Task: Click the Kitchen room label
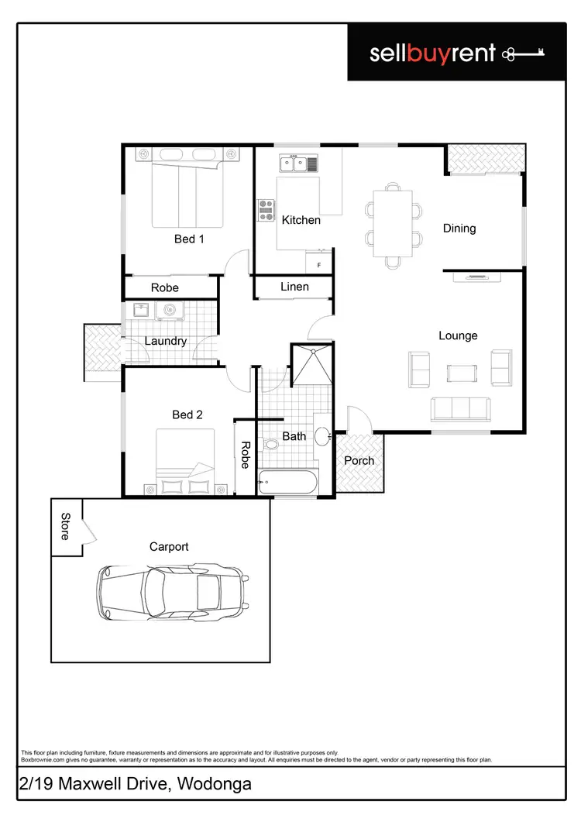301,220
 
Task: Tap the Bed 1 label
189,239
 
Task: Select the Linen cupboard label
294,287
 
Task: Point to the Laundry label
166,340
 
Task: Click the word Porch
359,460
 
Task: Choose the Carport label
169,546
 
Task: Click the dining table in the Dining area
394,223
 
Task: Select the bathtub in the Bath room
287,483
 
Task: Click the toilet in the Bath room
271,445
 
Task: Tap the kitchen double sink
298,163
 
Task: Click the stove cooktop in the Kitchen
266,210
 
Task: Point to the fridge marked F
318,264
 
